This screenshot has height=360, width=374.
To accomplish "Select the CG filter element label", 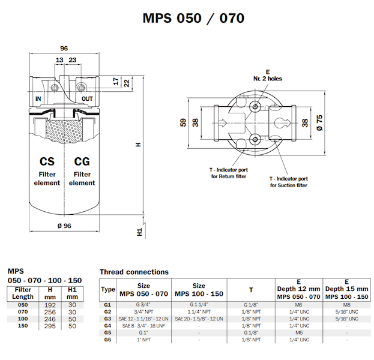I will point(82,171).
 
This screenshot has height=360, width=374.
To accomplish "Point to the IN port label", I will point(39,98).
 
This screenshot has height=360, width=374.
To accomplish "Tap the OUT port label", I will point(88,98).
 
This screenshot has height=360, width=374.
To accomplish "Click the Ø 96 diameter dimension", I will point(62,226).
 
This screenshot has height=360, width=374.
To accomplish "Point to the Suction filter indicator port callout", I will point(288,182).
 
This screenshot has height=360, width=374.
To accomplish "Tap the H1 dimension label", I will point(138,231).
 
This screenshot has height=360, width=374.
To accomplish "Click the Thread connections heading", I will point(134,272).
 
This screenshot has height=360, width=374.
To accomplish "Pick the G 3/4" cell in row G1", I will point(144,305).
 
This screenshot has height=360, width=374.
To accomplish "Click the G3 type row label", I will point(108,319).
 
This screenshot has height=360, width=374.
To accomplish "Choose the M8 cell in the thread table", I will point(346,305).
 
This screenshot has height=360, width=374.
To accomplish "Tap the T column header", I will point(251,289).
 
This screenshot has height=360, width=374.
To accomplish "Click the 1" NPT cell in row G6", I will point(144,339).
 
